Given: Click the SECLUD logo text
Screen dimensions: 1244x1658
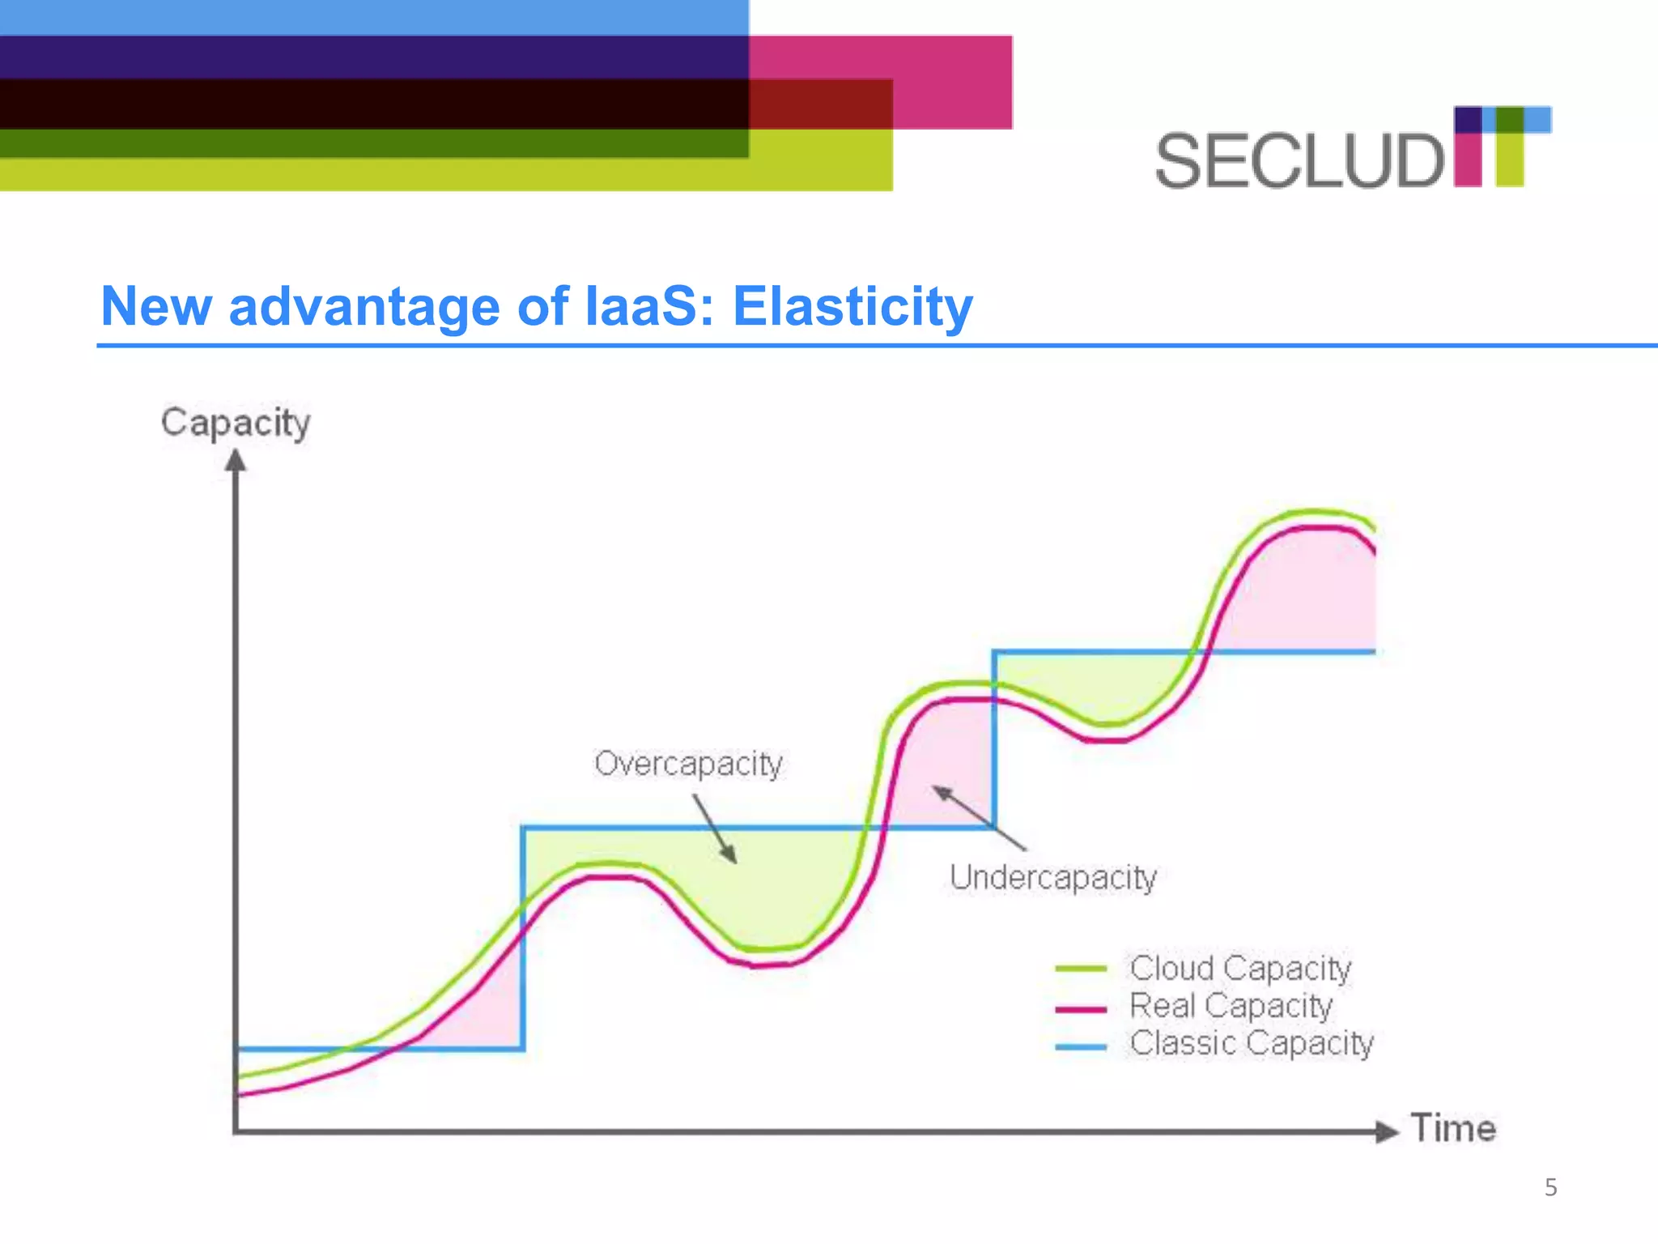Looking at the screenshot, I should coord(1299,161).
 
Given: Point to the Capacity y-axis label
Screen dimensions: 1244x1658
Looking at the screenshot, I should coord(236,423).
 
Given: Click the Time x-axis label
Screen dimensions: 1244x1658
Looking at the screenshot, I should coord(1453,1128).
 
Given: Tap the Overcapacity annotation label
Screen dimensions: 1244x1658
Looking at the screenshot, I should coord(689,764).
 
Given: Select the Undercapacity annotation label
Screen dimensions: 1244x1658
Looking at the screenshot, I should coord(1053,877).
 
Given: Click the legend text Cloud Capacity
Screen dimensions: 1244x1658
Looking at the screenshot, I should coord(1240,968).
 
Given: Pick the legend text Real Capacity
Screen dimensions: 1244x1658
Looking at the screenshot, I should coord(1231,1005).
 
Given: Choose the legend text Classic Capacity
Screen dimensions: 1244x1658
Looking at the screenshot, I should coord(1252,1042).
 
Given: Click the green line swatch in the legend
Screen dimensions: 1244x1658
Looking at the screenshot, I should coord(1081,969).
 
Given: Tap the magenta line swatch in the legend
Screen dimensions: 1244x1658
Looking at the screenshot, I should coord(1081,1009).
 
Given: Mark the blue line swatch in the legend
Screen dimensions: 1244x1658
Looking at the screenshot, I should coord(1081,1047).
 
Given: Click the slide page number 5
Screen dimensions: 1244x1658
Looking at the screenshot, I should coord(1550,1187).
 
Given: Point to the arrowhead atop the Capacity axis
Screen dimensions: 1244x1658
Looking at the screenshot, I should coord(236,462).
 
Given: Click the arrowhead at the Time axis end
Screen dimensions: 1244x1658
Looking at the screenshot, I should coord(1388,1131).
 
